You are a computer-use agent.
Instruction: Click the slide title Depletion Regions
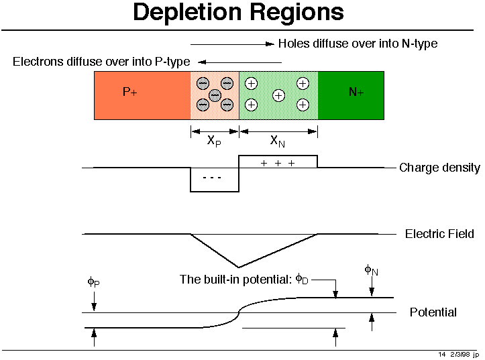pyautogui.click(x=238, y=12)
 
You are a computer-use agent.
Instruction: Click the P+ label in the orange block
pyautogui.click(x=130, y=93)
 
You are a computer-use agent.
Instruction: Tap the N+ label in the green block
pyautogui.click(x=356, y=93)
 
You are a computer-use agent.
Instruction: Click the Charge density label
pyautogui.click(x=439, y=168)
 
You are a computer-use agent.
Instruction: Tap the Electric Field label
pyautogui.click(x=439, y=234)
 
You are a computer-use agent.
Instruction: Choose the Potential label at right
pyautogui.click(x=433, y=312)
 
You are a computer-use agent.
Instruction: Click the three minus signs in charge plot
pyautogui.click(x=212, y=178)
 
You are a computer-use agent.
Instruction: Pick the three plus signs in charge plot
pyautogui.click(x=278, y=163)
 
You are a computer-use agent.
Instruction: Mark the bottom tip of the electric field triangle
pyautogui.click(x=239, y=267)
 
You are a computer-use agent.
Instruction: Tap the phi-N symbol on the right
pyautogui.click(x=371, y=270)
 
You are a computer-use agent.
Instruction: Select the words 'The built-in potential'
pyautogui.click(x=235, y=280)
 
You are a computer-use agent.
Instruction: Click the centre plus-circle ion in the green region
pyautogui.click(x=278, y=96)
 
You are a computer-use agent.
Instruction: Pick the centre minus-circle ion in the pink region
pyautogui.click(x=215, y=95)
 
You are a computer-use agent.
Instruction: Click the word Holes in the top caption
pyautogui.click(x=293, y=44)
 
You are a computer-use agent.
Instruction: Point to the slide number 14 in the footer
pyautogui.click(x=443, y=354)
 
